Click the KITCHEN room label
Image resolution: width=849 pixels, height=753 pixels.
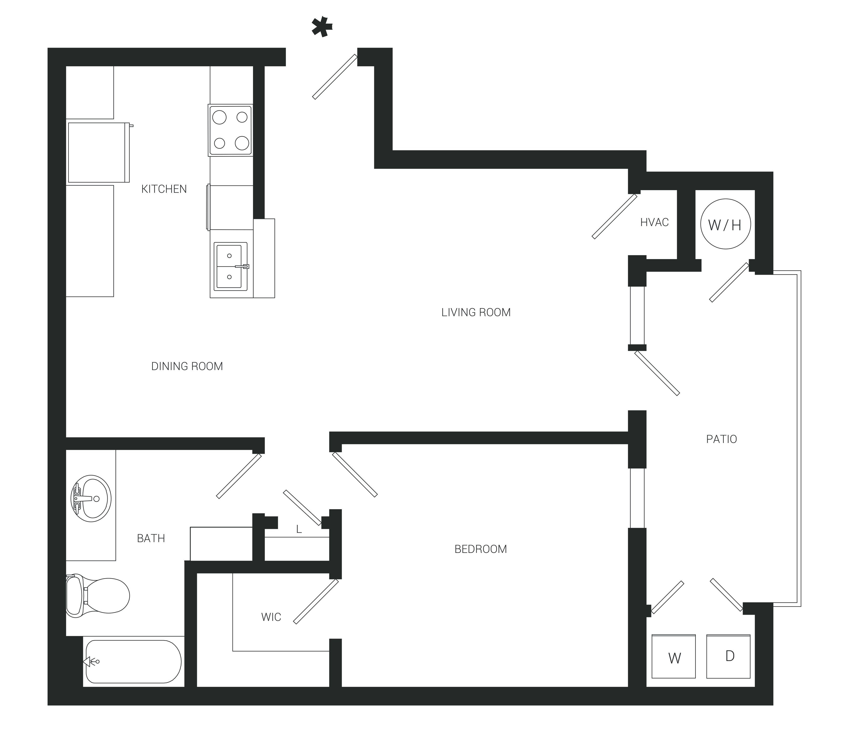[x=164, y=189]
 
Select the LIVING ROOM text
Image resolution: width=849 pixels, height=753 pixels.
[x=476, y=312]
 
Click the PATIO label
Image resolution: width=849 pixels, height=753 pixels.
[x=721, y=439]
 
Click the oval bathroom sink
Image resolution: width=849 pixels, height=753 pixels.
[x=91, y=499]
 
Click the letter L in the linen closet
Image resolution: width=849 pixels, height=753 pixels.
[x=299, y=530]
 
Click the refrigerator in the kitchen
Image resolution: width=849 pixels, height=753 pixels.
[x=99, y=152]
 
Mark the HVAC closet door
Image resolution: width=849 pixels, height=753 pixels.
[x=614, y=217]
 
